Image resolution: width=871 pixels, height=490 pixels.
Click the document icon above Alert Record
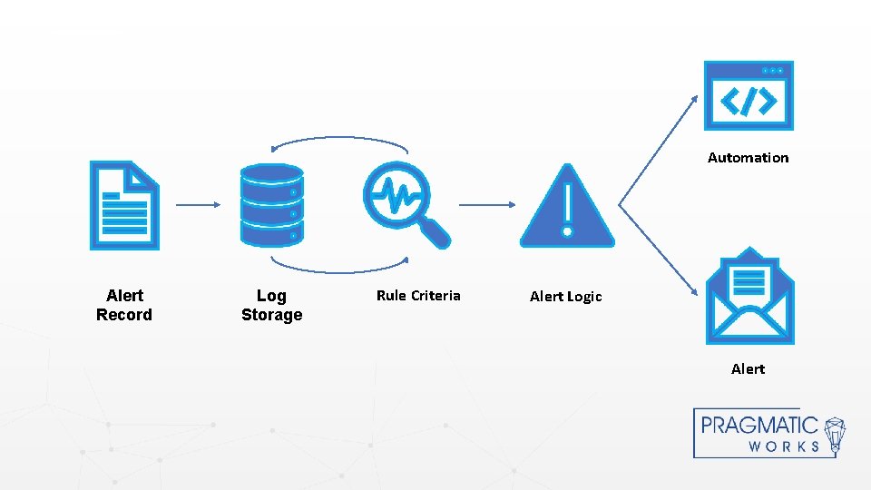(124, 205)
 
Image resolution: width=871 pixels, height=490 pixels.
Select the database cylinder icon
(271, 205)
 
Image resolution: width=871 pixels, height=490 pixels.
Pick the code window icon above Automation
(749, 96)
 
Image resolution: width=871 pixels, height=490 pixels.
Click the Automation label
(748, 158)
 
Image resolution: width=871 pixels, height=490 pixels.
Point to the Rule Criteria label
(418, 296)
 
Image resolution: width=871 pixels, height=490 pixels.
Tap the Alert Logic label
(565, 297)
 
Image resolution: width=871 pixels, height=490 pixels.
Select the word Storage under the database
(271, 316)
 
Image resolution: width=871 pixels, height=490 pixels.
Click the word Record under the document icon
(124, 316)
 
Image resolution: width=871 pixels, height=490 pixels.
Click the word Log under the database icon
(271, 296)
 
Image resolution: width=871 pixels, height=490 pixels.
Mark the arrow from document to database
(198, 205)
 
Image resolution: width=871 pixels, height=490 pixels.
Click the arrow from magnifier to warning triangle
(487, 205)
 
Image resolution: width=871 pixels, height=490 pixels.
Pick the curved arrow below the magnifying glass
(339, 268)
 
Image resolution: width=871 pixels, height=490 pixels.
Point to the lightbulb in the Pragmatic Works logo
(835, 434)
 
